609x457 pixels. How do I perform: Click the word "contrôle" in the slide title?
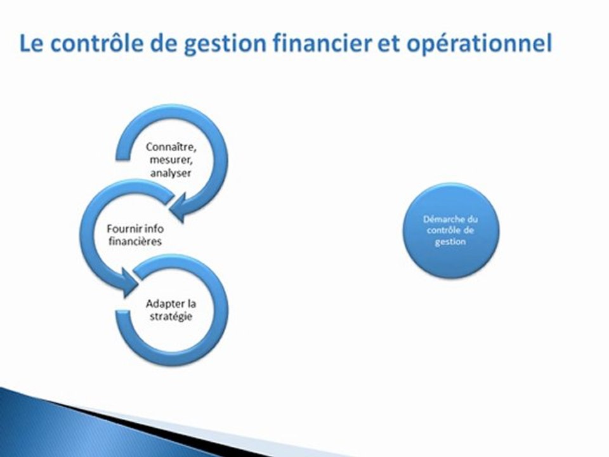coord(91,44)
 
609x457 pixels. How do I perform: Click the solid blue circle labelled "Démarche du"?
coord(452,230)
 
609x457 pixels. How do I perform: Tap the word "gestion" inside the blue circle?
coord(451,242)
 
